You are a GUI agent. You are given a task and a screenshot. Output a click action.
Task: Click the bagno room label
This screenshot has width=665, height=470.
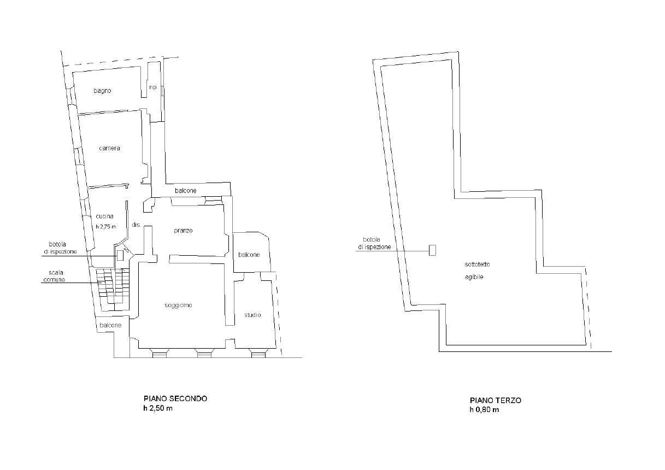point(102,91)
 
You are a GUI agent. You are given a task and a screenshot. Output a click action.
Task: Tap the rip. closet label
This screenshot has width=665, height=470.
point(153,87)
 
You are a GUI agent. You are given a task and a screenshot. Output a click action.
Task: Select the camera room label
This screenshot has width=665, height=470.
point(109,148)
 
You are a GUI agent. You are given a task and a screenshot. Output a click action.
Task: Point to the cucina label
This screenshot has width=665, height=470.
point(104,216)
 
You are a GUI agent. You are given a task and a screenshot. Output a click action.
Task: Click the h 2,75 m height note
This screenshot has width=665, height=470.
point(105,227)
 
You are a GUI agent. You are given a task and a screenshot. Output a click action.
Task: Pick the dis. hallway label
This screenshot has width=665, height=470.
point(136,225)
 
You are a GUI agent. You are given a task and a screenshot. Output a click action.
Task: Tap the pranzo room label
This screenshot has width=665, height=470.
point(183,231)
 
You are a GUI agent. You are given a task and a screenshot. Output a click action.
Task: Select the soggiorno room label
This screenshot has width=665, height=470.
point(178,305)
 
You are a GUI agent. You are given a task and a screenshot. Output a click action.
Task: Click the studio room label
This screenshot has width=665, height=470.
point(252,315)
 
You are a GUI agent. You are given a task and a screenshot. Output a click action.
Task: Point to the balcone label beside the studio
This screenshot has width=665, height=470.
point(249,255)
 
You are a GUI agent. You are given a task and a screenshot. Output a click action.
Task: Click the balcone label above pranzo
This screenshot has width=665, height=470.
point(186,191)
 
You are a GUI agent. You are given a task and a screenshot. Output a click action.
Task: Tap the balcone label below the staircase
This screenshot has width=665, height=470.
point(110,325)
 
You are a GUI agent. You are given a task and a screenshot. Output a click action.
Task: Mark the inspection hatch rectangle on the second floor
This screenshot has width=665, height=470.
point(120,255)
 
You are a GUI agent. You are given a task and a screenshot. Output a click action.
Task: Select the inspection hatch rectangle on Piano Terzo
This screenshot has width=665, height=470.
point(432,250)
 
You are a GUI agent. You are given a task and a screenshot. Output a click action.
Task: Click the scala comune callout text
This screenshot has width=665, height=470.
point(54,276)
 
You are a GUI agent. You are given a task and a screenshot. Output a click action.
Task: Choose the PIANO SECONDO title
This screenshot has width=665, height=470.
point(175,398)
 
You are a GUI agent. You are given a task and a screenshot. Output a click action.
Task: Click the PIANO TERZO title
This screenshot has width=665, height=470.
point(496,400)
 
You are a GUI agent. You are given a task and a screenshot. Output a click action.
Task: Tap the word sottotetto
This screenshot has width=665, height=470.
point(478,265)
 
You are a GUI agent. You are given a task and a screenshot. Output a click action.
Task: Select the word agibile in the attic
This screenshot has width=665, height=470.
point(474,277)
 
